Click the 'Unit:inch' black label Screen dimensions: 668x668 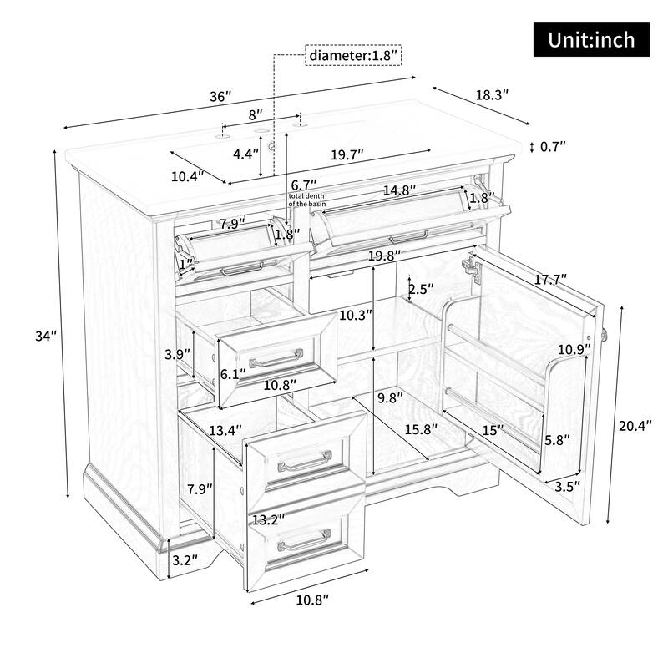[x=591, y=38]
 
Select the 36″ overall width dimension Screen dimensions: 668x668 [x=220, y=96]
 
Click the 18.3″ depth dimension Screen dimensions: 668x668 [x=492, y=94]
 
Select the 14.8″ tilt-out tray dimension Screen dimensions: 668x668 [x=398, y=190]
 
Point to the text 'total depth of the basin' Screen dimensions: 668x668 [x=306, y=200]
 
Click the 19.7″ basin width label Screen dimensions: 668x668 [x=348, y=154]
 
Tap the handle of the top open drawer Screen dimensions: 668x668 [x=276, y=358]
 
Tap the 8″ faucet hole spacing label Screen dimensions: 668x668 [x=255, y=112]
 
